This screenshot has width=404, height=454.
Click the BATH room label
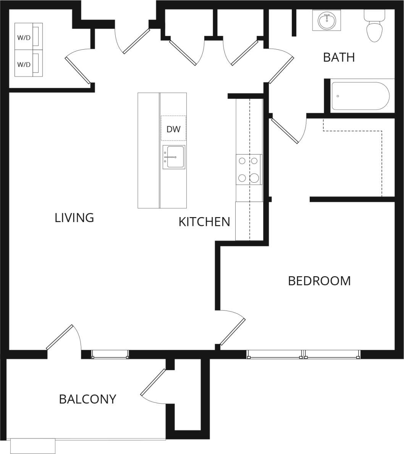339,57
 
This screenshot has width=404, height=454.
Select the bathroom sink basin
327,21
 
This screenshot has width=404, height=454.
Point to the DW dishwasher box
173,129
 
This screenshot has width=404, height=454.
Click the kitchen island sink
174,157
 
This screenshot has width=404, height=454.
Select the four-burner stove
249,169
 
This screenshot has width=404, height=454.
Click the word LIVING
74,218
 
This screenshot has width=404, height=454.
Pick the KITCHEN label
204,222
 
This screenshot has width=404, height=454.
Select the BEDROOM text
319,281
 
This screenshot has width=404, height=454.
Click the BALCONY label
87,399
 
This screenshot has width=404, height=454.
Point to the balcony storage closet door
153,382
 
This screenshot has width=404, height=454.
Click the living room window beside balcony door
110,355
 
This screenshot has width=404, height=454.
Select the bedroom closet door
285,131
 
